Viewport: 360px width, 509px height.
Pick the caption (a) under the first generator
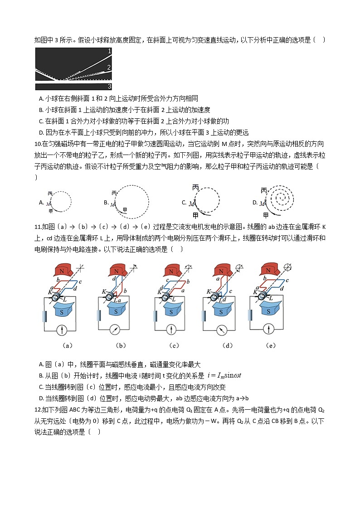(67, 345)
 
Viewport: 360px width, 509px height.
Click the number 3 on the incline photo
(109, 86)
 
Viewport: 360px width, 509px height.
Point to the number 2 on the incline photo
(109, 68)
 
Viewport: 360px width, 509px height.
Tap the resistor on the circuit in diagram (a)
(44, 315)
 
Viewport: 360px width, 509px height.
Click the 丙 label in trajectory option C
(196, 187)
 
